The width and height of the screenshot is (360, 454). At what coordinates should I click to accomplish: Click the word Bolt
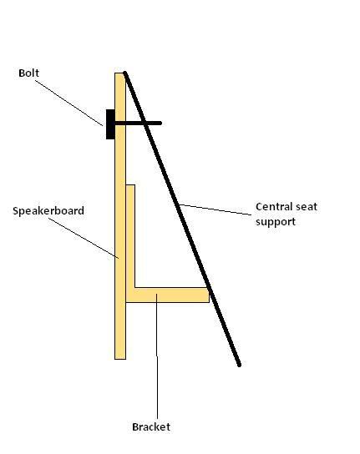point(28,73)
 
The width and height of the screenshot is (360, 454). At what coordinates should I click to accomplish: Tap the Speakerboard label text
point(48,211)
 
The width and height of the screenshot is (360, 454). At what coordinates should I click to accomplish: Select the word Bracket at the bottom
point(151,426)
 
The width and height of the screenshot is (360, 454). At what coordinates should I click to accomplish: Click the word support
point(276,222)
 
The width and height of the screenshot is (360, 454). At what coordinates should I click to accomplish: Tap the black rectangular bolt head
point(110,124)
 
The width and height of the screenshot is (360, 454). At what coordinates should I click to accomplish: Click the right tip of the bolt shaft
point(160,123)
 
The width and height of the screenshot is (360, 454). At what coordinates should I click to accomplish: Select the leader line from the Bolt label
point(69,103)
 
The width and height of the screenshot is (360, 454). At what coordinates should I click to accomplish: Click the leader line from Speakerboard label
point(84,238)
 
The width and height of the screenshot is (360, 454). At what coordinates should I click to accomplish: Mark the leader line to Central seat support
point(215,209)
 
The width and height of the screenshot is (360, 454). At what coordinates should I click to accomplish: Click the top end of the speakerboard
point(120,73)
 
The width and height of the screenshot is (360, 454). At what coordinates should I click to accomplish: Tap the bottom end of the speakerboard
point(120,359)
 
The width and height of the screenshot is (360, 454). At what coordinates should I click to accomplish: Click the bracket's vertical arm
point(130,236)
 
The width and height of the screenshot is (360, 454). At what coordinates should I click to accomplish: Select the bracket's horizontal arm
point(168,295)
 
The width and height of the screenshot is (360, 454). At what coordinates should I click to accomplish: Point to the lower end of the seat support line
point(239,365)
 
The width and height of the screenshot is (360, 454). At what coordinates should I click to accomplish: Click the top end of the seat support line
point(124,73)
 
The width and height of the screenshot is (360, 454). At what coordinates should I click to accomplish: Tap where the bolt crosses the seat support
point(145,123)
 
